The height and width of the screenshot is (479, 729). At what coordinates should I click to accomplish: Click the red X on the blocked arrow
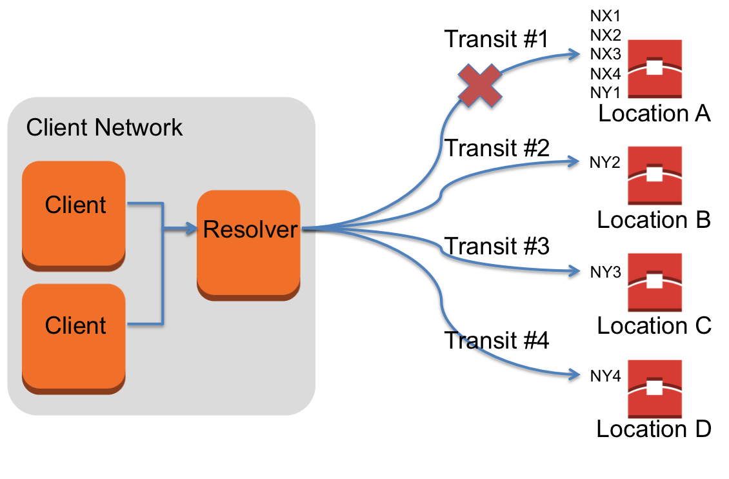[x=480, y=85]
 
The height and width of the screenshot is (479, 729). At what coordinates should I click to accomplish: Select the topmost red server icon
[x=655, y=68]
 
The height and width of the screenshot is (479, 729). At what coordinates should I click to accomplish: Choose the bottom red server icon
[x=655, y=389]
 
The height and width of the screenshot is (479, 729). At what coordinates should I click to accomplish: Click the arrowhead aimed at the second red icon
[x=574, y=161]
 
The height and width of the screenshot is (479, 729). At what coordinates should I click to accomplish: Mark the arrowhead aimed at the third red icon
[x=574, y=270]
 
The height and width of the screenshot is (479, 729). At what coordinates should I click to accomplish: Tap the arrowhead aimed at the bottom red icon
[x=574, y=374]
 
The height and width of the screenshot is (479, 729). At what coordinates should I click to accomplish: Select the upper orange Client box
[x=74, y=213]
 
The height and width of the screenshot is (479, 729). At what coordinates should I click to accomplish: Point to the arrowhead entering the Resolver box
[x=190, y=228]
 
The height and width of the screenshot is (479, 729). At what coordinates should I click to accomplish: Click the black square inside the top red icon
[x=654, y=67]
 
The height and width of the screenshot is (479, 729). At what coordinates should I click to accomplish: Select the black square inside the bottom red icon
[x=654, y=387]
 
